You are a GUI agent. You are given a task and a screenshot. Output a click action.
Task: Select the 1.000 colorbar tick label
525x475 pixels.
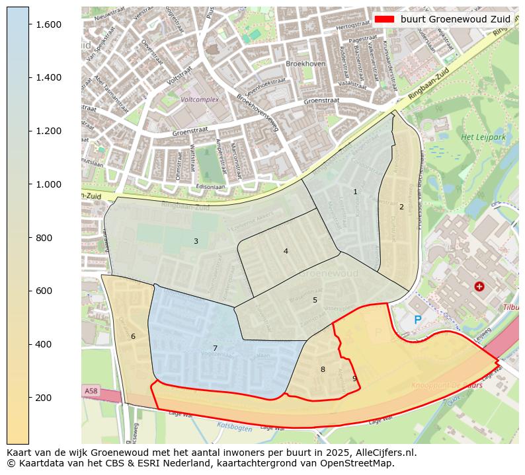point(48,184)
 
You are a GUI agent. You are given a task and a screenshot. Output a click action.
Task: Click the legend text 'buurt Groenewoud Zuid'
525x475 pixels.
point(455,19)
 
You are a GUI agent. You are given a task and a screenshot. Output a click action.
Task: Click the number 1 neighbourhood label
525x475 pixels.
point(355,192)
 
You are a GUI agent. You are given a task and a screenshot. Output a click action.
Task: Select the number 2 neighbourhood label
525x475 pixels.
point(401,207)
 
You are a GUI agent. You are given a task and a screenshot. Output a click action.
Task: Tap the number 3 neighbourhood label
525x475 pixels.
point(196,241)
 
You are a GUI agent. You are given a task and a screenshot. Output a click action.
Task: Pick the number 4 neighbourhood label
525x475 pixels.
point(286,251)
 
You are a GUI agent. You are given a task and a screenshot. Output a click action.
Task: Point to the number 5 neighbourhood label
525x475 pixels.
point(315,300)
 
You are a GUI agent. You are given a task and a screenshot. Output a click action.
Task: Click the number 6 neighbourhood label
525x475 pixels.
point(133,336)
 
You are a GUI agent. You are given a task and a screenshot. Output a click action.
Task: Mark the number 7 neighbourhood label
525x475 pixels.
point(215,348)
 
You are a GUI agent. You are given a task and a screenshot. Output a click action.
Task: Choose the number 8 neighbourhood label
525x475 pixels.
point(323,369)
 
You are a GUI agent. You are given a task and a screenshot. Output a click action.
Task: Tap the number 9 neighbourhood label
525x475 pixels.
point(354,379)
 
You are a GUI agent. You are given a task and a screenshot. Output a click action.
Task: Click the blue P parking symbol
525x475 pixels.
point(417,320)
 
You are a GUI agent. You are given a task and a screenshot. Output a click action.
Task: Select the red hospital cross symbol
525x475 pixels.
point(479,286)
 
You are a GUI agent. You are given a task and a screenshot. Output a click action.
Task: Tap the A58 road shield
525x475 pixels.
point(91,391)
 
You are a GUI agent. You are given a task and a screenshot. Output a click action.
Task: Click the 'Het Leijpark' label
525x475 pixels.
point(479,137)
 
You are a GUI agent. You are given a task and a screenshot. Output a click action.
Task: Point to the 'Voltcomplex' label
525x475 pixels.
point(200,100)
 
